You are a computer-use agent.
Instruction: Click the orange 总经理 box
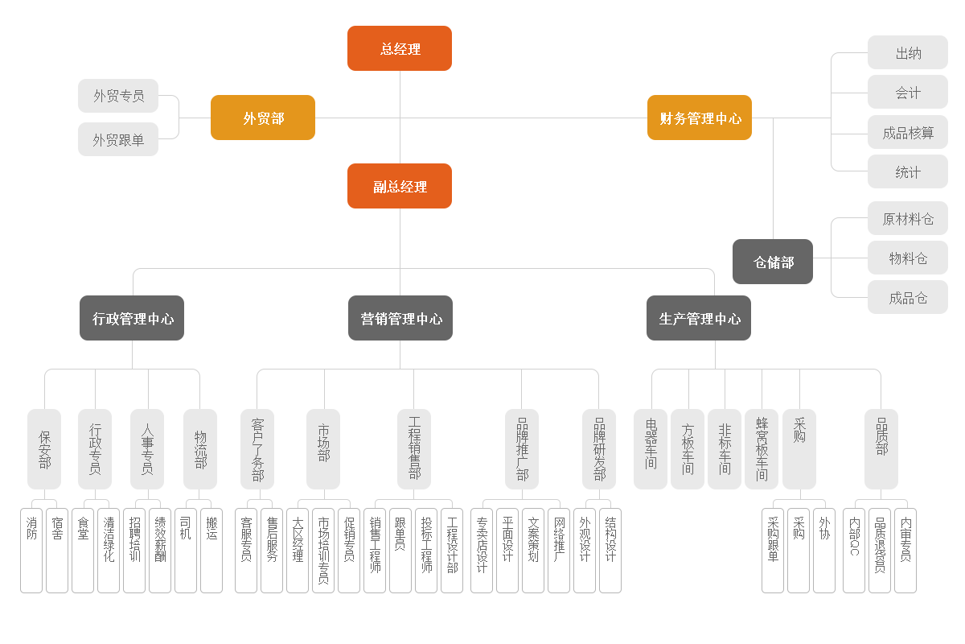tap(400, 48)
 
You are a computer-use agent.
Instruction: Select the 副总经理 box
tap(400, 186)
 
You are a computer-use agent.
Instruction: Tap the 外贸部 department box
tap(263, 118)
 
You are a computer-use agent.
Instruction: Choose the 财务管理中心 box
tap(700, 118)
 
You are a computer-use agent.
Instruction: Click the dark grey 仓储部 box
tap(773, 262)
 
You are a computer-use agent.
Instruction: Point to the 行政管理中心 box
tap(132, 318)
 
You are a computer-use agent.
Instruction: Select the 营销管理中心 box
tap(400, 318)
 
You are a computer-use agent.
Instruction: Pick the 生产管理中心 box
tap(699, 318)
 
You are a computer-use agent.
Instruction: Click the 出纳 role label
tap(908, 53)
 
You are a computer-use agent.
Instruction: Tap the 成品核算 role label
tap(908, 133)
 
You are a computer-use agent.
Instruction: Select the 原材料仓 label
tap(908, 218)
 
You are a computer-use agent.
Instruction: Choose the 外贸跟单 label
tap(118, 139)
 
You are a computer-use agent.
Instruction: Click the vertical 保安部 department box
tap(44, 449)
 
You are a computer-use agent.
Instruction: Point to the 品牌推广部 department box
tap(522, 449)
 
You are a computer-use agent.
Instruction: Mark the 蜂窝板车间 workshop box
tap(762, 449)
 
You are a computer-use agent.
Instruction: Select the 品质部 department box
tap(881, 449)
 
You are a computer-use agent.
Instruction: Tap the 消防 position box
tap(31, 551)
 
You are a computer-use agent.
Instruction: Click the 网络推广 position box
tap(559, 551)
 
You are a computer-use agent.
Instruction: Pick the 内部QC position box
tap(854, 551)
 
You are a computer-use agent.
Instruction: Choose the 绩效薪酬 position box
tap(160, 551)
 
